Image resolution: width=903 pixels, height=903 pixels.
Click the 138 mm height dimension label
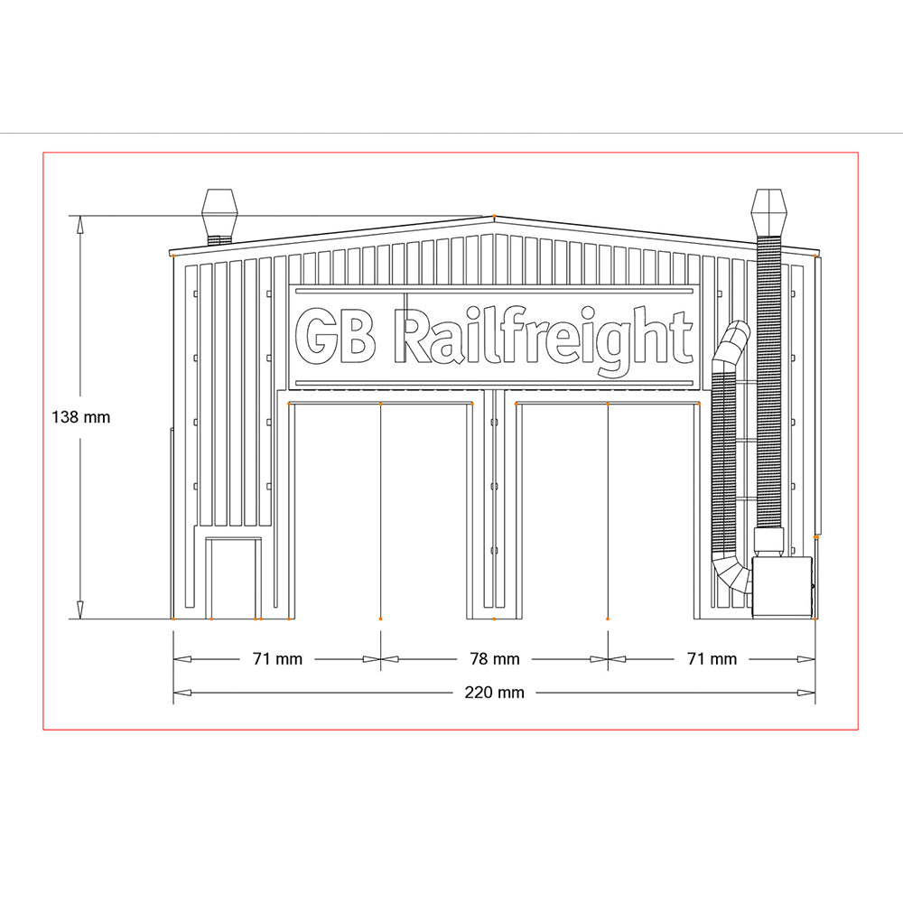tap(80, 417)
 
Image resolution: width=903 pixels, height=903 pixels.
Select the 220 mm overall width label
tap(494, 693)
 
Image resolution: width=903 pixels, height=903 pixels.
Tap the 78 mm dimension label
tap(494, 659)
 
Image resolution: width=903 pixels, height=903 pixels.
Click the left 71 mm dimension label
tap(276, 659)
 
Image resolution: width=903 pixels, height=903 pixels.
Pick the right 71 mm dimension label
tap(712, 659)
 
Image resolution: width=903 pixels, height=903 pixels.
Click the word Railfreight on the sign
tap(545, 338)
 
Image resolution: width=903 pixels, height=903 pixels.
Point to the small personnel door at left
tap(233, 578)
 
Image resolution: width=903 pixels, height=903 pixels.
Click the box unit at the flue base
tap(783, 587)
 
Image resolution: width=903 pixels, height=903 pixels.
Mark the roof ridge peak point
tap(494, 217)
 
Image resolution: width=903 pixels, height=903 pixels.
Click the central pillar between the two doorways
tap(494, 506)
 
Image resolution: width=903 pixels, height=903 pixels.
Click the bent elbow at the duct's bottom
tap(731, 574)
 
